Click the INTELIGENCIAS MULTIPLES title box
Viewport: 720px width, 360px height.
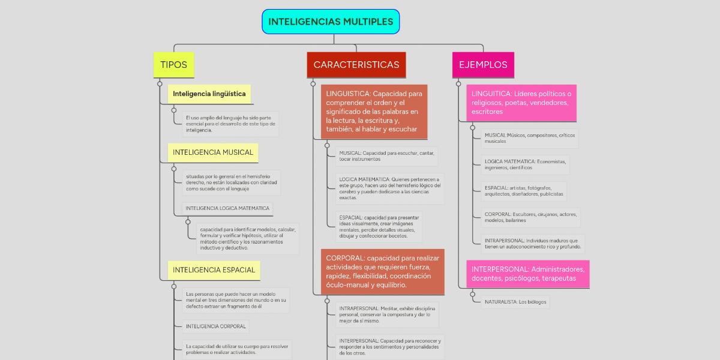point(331,22)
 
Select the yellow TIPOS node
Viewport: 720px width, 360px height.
point(174,65)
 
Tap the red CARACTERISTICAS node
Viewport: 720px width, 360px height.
point(356,65)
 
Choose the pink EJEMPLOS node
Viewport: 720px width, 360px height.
point(483,65)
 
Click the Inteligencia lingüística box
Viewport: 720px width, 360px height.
point(209,94)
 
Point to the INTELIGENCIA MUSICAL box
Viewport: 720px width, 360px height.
point(213,152)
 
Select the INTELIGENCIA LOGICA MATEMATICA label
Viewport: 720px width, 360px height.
point(227,209)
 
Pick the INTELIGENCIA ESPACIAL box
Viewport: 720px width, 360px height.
point(214,270)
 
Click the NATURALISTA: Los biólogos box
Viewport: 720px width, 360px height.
point(515,302)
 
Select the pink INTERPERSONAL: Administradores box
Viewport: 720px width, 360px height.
point(528,274)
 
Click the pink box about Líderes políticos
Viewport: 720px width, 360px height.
point(521,103)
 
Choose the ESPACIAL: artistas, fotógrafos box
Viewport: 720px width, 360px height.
point(524,191)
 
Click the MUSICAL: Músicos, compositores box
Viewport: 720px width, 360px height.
point(530,139)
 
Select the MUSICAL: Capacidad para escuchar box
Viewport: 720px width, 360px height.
point(386,156)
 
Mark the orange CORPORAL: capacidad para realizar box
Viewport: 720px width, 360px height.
point(382,271)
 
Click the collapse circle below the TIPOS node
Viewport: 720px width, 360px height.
point(160,84)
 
